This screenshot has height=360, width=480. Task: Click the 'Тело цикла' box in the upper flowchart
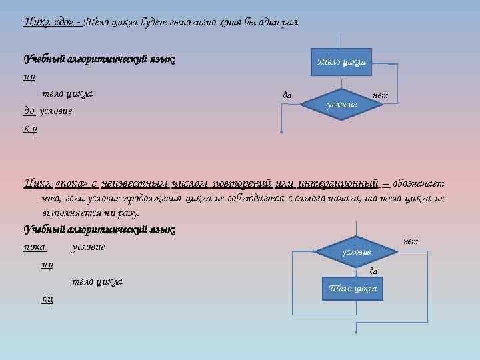click(x=341, y=62)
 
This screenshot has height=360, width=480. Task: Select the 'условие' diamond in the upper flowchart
click(x=342, y=105)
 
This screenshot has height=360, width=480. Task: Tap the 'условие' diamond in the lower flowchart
click(x=355, y=251)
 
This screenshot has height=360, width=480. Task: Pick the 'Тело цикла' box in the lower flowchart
click(x=352, y=289)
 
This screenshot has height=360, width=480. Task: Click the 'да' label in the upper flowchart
click(x=287, y=95)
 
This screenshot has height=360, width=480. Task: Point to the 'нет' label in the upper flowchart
click(x=380, y=95)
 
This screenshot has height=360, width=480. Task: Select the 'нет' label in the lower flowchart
click(x=411, y=240)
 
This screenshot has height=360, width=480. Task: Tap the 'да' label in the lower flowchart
click(x=373, y=270)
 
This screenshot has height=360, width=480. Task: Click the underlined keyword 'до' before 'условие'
click(x=29, y=110)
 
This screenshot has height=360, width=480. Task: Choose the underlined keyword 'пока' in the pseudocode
click(x=35, y=247)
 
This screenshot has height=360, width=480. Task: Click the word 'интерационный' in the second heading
click(x=339, y=183)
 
